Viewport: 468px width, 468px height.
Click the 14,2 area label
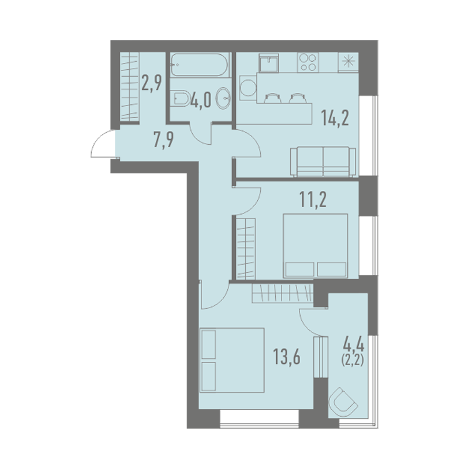click(335, 118)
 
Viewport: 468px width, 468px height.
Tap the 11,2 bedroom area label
click(313, 200)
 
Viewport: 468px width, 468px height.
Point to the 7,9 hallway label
click(163, 140)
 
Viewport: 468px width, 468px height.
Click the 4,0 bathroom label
click(200, 100)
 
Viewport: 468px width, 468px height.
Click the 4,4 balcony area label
click(354, 346)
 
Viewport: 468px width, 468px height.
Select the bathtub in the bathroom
click(200, 65)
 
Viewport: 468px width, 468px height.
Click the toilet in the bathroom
click(181, 99)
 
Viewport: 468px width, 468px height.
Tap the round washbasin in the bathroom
click(223, 98)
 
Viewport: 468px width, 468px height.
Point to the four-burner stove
click(308, 62)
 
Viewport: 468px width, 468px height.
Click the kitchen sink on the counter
click(268, 62)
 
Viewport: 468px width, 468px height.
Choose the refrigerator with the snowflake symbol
click(348, 62)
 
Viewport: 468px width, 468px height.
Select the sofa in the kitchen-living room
click(323, 162)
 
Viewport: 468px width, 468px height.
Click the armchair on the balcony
click(343, 401)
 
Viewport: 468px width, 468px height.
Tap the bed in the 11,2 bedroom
click(315, 246)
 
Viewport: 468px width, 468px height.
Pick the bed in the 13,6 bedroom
click(232, 360)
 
